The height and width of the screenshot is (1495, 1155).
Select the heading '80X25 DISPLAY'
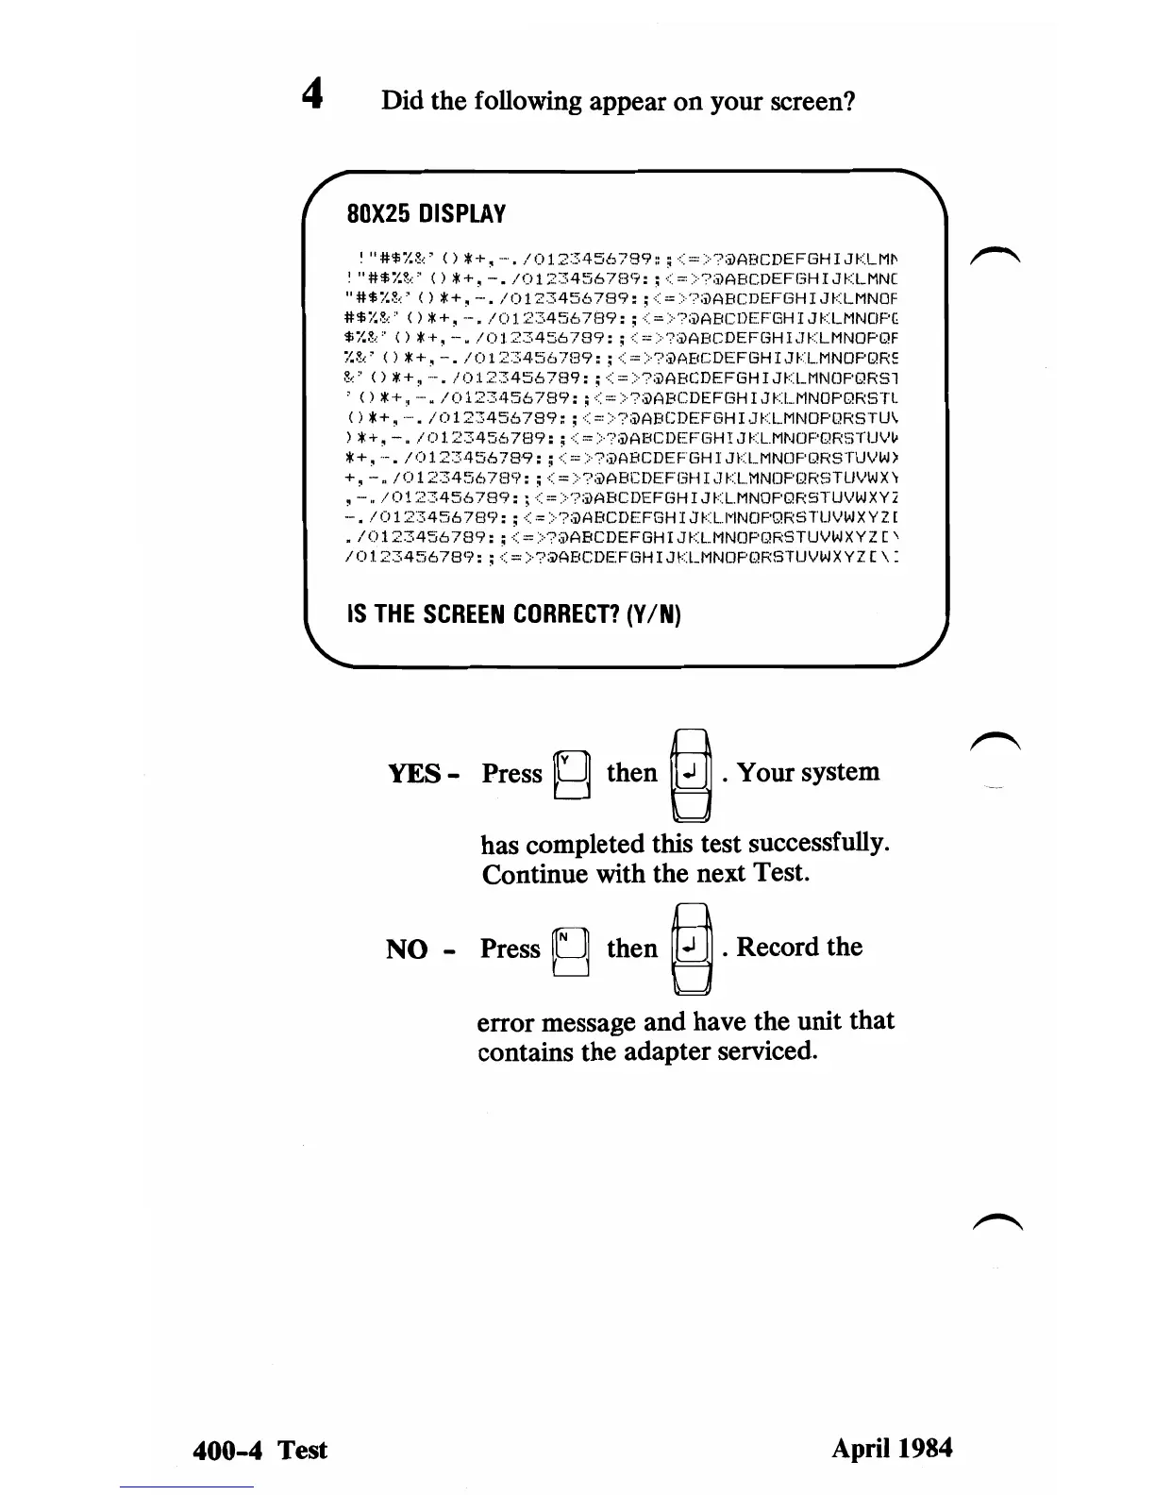(427, 214)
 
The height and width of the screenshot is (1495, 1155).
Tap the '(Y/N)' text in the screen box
(651, 614)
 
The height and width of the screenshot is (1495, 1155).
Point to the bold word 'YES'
(414, 774)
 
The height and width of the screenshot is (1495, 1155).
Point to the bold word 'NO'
(407, 949)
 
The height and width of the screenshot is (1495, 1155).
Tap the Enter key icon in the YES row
(690, 774)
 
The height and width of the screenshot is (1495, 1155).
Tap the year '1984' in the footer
(925, 1448)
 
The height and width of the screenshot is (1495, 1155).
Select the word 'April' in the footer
(859, 1449)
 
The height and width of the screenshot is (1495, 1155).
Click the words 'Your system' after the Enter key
(808, 772)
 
